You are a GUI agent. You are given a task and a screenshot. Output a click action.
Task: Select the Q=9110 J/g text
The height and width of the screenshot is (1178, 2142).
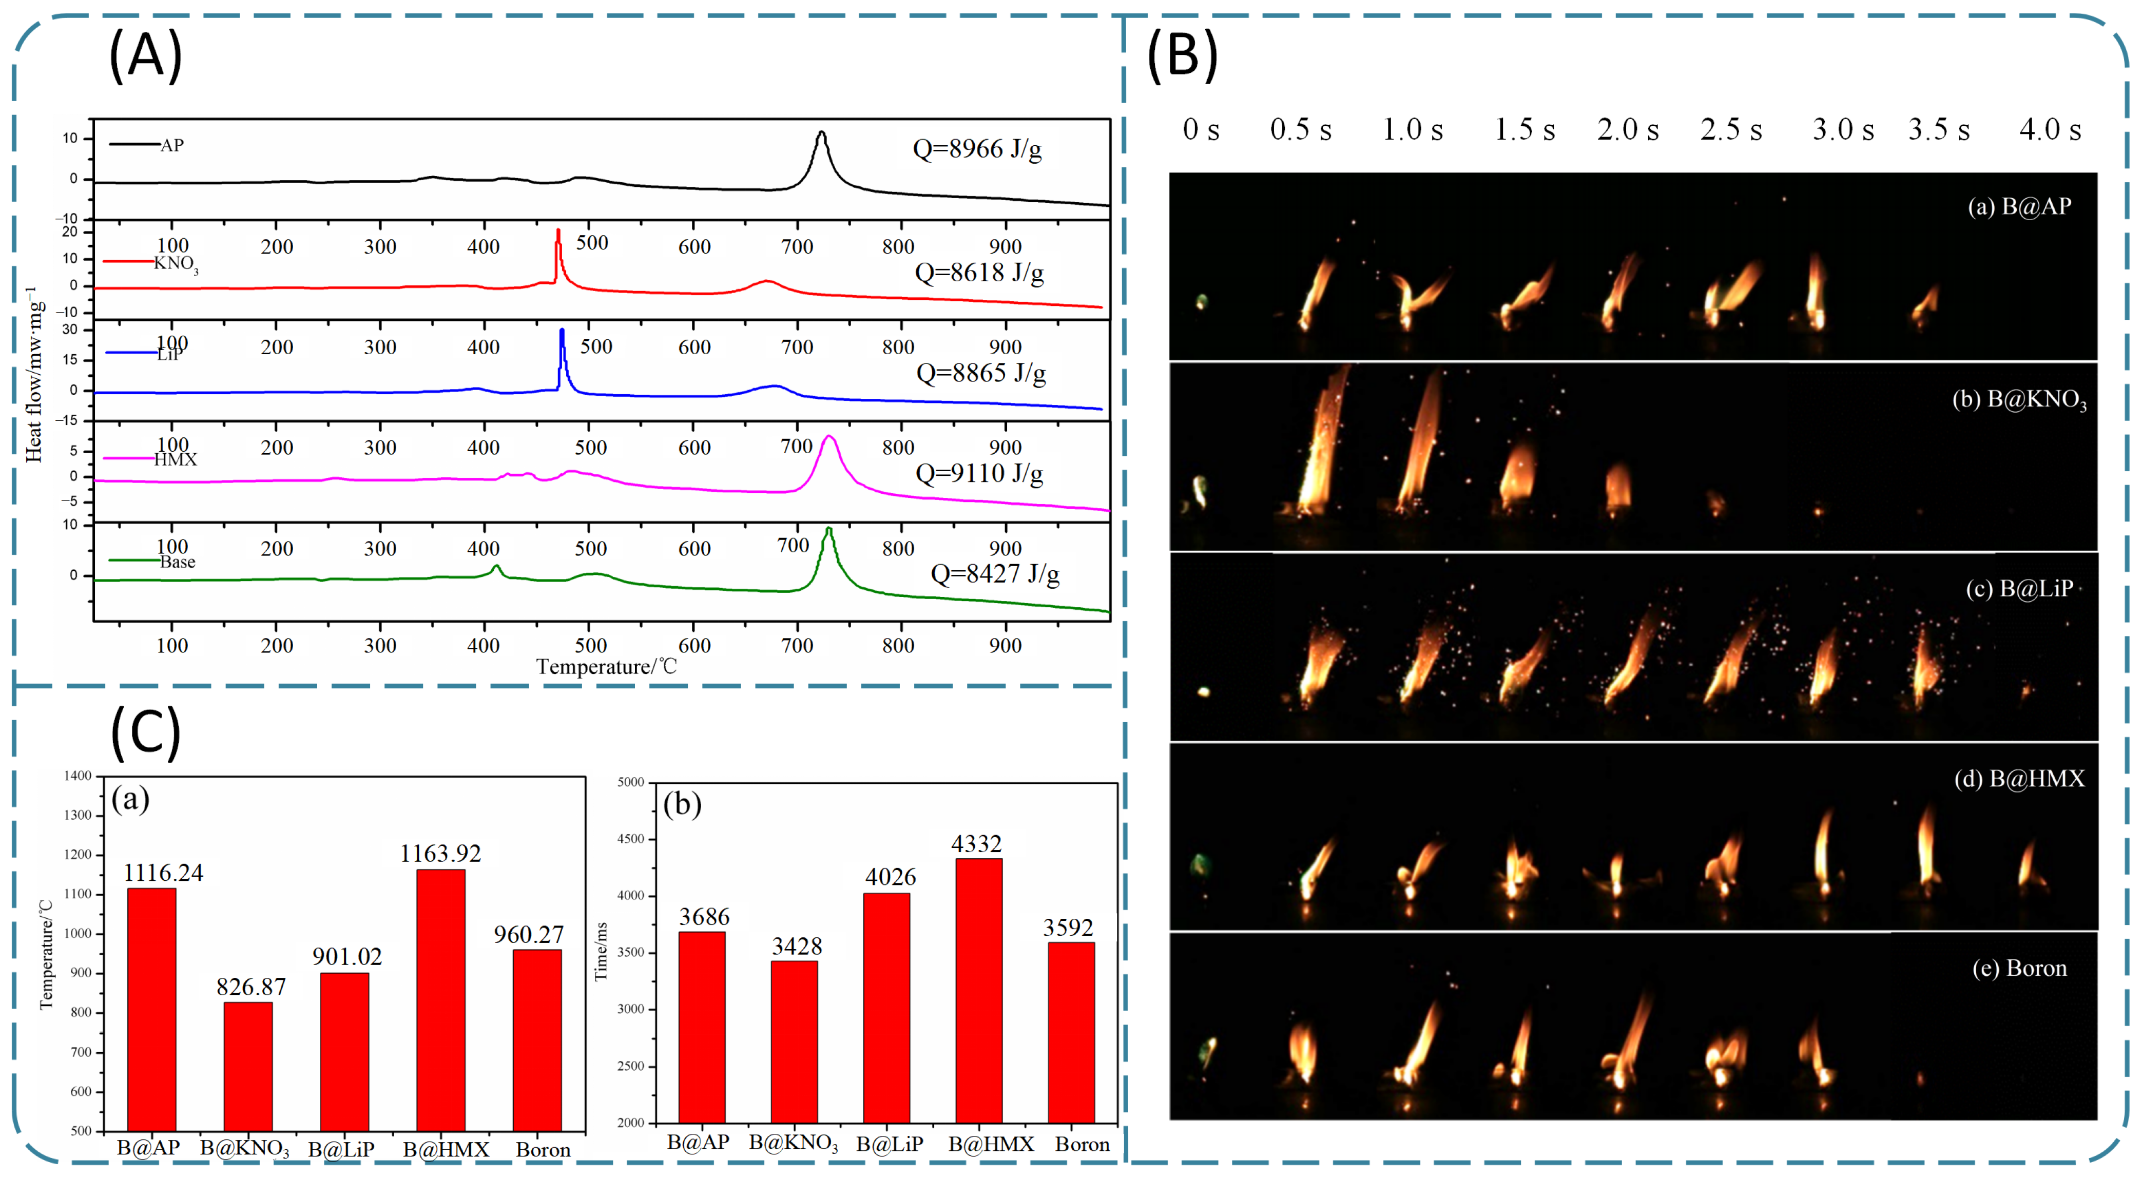pos(979,474)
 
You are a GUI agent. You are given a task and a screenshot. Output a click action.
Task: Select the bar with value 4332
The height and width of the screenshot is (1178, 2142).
pos(979,989)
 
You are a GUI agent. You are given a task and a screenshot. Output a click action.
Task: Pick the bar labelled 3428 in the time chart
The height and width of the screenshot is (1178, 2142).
pos(794,1041)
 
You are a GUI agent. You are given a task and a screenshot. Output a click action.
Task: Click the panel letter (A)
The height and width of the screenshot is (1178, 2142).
pos(145,55)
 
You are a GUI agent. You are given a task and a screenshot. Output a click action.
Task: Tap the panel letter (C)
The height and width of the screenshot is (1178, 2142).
pos(145,731)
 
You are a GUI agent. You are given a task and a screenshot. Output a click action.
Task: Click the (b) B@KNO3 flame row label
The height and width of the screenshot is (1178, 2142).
pos(2019,400)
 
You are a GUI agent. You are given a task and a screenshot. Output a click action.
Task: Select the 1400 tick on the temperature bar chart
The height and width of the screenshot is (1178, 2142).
pos(78,776)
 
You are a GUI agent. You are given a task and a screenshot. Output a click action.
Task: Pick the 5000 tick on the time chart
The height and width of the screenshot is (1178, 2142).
pos(631,782)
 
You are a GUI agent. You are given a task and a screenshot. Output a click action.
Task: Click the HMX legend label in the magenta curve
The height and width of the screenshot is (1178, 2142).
pos(176,460)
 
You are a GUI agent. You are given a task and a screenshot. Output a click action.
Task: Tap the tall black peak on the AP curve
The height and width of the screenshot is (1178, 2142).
pos(822,134)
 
